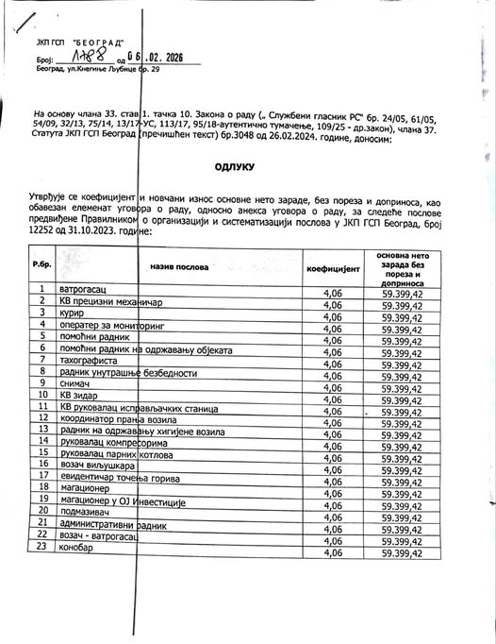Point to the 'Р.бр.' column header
point(41,263)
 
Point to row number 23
point(42,548)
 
